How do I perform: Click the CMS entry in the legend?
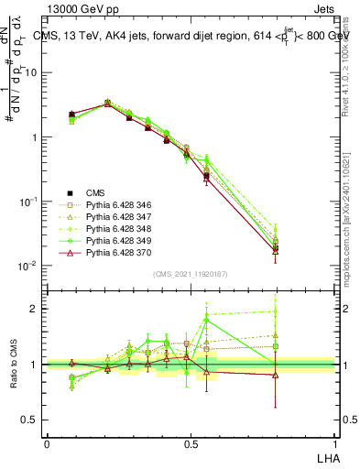pos(95,192)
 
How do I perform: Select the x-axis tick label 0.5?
pos(190,442)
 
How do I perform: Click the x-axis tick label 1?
pos(333,442)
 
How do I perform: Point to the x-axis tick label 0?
pos(47,442)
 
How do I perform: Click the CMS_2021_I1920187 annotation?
pos(190,274)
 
